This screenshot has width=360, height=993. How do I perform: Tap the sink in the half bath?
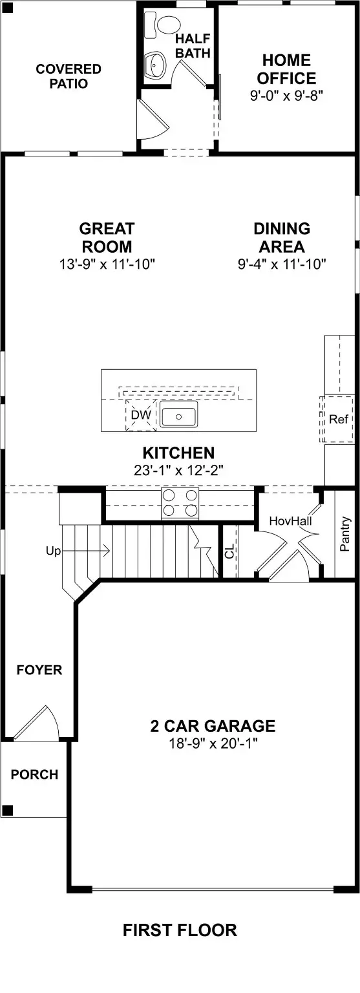[x=155, y=65]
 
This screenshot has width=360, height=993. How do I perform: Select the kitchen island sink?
[x=179, y=417]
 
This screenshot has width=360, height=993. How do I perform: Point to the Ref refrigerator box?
[x=338, y=419]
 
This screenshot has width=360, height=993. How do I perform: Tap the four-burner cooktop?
[x=180, y=502]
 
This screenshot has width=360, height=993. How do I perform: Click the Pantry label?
[x=345, y=533]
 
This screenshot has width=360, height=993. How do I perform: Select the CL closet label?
[x=229, y=551]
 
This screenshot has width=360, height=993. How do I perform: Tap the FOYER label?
[x=39, y=670]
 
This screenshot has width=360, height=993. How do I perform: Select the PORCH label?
[x=34, y=774]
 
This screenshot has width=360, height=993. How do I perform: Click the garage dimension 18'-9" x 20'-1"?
[x=213, y=743]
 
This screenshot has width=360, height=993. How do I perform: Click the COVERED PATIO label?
[x=68, y=76]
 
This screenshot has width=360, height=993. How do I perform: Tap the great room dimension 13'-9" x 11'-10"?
[x=107, y=264]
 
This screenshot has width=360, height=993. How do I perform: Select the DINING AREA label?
[x=281, y=237]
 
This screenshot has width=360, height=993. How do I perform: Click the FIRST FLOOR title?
[x=180, y=930]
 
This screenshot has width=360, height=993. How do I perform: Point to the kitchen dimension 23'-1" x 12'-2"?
[x=178, y=471]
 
